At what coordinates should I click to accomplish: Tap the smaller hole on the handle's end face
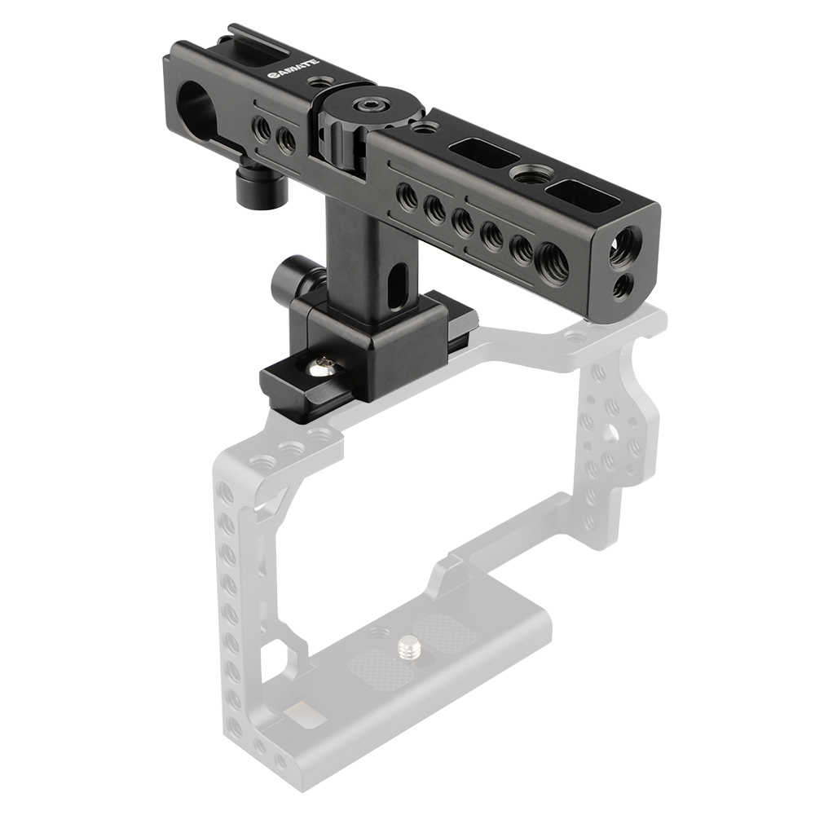pyautogui.click(x=623, y=284)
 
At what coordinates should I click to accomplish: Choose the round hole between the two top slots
pyautogui.click(x=522, y=173)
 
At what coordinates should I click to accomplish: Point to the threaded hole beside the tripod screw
pyautogui.click(x=377, y=632)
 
